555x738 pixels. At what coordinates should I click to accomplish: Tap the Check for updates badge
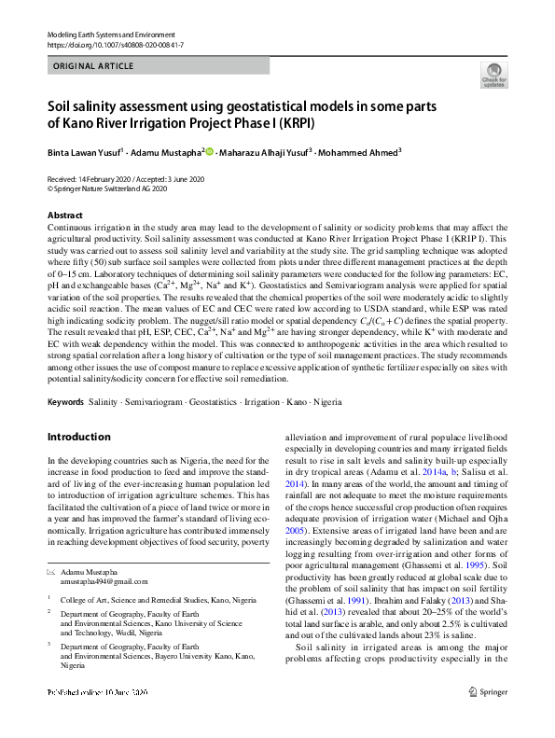493,76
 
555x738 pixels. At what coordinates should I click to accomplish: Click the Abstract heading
64,215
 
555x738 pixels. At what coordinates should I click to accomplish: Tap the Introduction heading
78,437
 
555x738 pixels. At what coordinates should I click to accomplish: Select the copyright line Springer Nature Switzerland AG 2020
107,188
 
